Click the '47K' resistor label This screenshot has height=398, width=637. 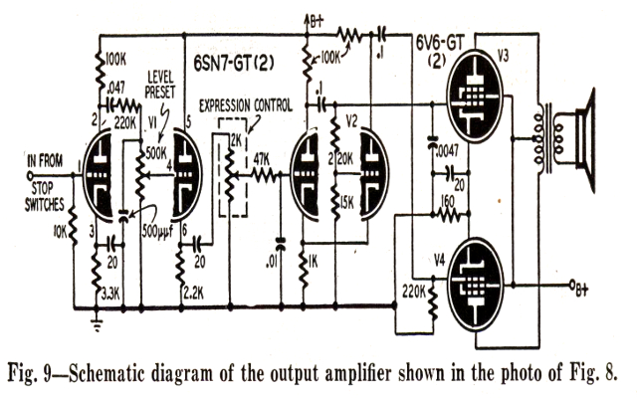pos(262,158)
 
